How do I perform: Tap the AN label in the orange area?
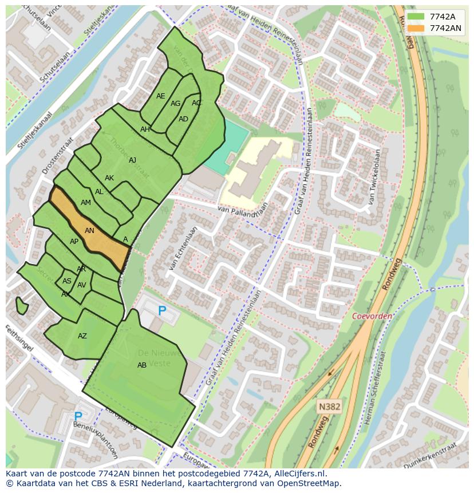89,231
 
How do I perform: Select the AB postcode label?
142,365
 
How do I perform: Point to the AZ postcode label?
82,336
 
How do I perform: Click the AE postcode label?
160,96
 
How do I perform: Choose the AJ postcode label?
132,160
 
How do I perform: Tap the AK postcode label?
109,178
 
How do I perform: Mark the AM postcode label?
86,203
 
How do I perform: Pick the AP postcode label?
74,242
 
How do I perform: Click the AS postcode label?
67,281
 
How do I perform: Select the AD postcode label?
183,119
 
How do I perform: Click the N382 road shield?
329,407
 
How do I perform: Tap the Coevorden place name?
372,316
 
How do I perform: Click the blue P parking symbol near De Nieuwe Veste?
162,311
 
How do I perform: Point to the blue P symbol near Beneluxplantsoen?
78,416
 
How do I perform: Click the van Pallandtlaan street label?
243,211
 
